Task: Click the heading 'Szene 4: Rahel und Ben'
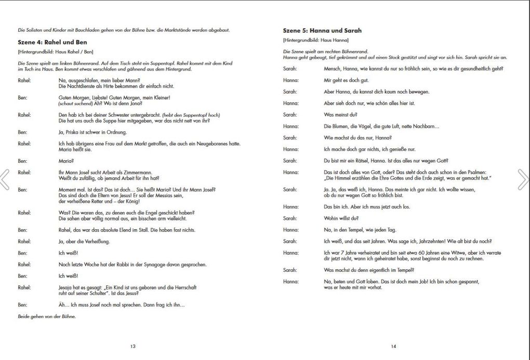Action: pos(52,42)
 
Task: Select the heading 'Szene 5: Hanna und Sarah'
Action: pos(322,31)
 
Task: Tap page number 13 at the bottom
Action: pos(133,346)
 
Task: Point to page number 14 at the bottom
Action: pos(393,346)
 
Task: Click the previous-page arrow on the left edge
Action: pos(5,179)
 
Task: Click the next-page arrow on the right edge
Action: pos(523,179)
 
